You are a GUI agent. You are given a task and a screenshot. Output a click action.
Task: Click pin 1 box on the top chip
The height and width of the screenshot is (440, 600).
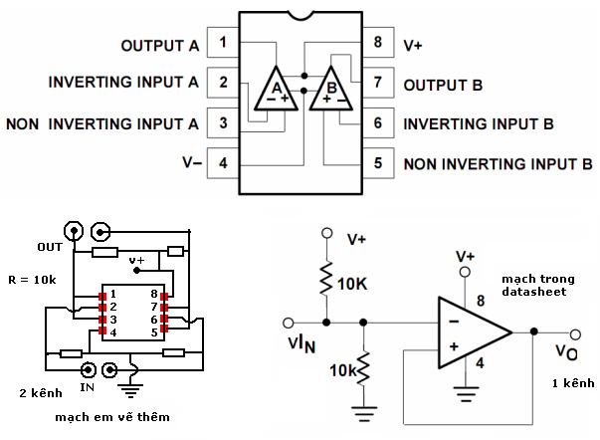[224, 44]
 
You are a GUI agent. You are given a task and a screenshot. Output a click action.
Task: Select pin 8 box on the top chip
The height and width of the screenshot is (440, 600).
[377, 44]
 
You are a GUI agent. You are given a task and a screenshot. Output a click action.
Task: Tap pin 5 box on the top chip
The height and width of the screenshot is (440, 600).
[377, 162]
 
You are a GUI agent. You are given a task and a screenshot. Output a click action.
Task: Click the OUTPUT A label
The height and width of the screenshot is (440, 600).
[159, 46]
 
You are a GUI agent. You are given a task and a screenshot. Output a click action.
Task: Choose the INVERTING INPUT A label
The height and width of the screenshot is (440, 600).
[123, 84]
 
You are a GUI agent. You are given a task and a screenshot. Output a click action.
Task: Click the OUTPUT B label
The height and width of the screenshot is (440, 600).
[443, 86]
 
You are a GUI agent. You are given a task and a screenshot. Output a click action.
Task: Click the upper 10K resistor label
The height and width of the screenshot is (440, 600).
[352, 284]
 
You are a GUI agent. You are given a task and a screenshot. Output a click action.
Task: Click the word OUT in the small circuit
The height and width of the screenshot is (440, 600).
[50, 246]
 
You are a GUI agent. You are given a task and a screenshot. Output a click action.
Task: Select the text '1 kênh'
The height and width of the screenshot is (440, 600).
[572, 383]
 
